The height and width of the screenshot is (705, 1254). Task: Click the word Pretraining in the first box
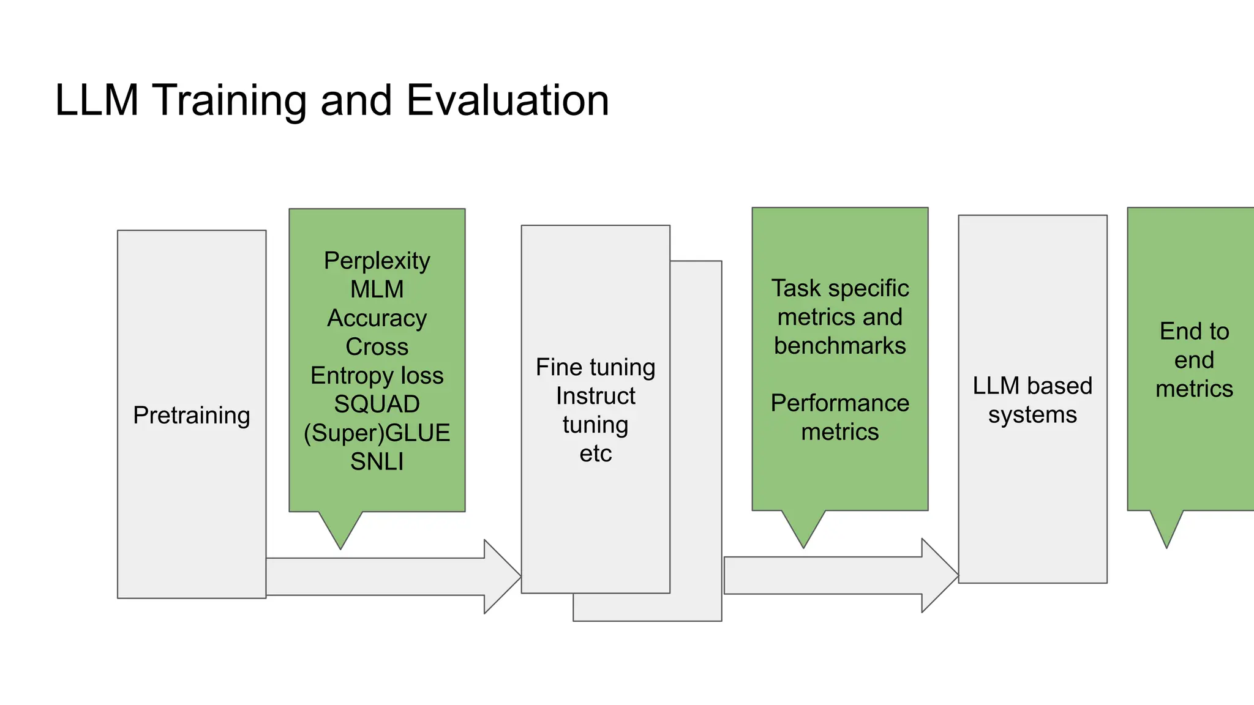coord(192,416)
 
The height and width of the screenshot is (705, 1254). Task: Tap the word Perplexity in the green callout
coord(377,261)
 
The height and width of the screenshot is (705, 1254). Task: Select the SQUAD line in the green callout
coord(377,404)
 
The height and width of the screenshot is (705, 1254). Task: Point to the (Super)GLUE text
coord(377,433)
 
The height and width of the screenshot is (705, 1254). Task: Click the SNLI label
coord(377,461)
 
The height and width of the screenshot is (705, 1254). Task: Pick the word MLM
coord(377,289)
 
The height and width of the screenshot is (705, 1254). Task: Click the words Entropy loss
coord(377,375)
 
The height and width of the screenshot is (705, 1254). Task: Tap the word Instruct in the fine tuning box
coord(596,396)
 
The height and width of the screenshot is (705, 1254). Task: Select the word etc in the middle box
coord(596,453)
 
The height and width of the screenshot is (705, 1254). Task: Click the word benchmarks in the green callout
coord(840,346)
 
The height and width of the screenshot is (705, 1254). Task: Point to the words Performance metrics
coord(840,417)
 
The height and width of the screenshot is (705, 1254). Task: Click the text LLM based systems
coord(1032,400)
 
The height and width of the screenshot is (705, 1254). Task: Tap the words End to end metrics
coord(1194,360)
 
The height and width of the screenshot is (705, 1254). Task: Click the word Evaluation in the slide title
coord(508,100)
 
